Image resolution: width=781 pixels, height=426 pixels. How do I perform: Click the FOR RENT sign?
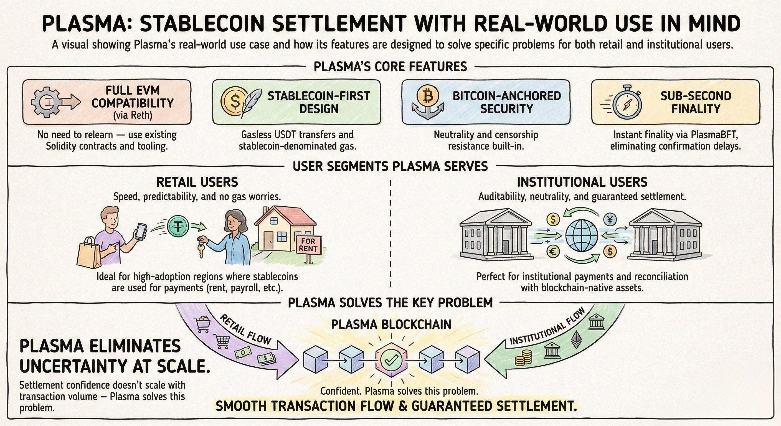tap(308, 245)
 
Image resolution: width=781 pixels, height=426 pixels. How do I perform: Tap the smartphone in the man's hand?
tap(141, 232)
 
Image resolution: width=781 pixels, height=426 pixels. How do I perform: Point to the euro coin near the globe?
tap(553, 251)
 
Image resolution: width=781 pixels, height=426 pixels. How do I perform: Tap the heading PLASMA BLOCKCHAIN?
tap(391, 324)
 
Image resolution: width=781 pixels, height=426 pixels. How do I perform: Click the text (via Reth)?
tap(133, 116)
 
